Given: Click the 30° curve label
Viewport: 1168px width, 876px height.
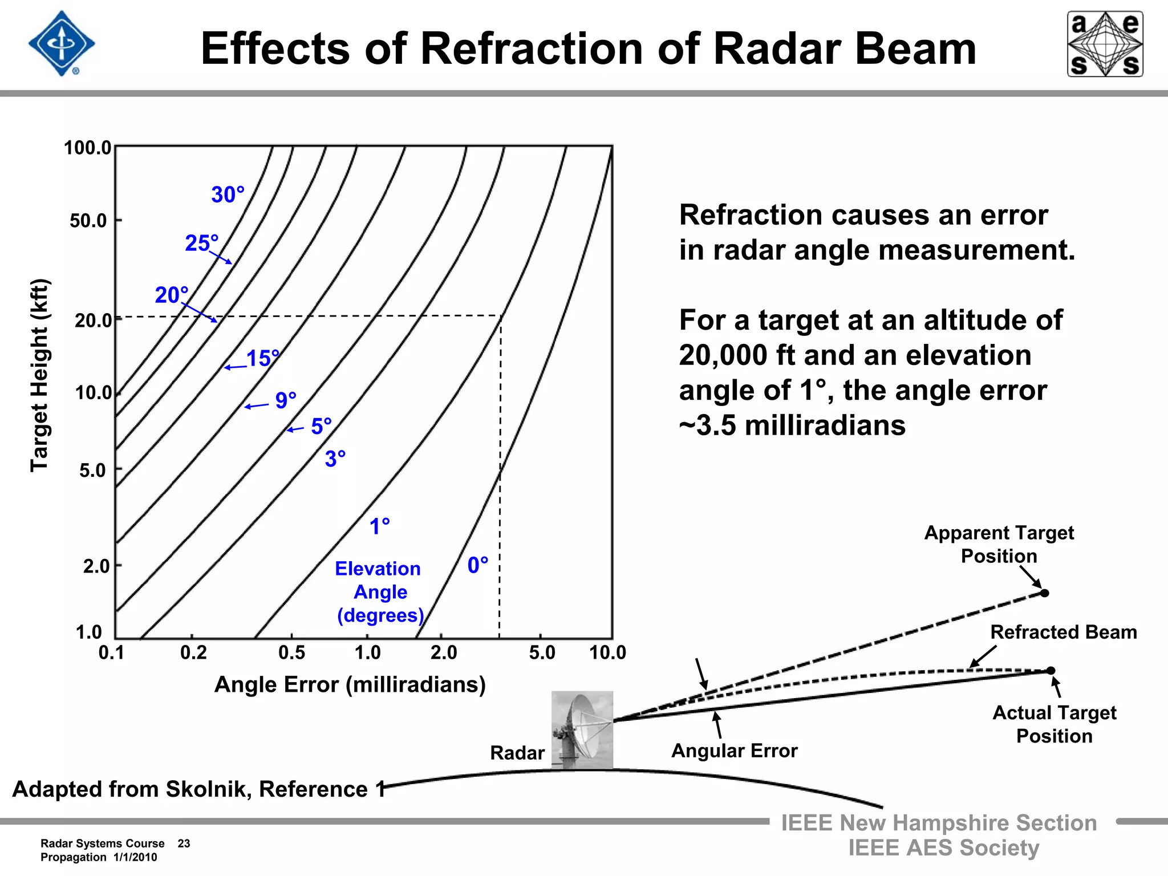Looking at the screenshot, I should pos(228,195).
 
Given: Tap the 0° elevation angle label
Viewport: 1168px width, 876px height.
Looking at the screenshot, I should pos(478,565).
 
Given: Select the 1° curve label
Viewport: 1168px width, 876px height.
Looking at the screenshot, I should pos(380,526).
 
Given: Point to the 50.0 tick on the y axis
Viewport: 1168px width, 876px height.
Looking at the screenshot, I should pos(88,221).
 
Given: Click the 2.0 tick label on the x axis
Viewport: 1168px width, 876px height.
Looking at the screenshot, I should pos(444,652).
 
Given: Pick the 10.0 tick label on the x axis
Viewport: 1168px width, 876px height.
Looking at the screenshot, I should pos(607,652).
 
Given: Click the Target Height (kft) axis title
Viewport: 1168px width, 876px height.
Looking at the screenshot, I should pos(40,375).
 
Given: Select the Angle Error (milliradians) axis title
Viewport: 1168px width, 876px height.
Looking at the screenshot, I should pos(350,684).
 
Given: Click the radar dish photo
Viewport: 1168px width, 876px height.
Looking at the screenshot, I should pos(582,730).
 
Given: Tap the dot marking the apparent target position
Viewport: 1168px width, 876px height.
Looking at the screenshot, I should pos(1045,593).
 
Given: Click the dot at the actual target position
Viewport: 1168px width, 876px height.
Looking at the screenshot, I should pos(1051,671).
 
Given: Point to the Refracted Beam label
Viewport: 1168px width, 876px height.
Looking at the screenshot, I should pos(1064,632).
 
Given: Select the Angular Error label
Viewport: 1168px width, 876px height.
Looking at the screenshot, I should pos(734,751).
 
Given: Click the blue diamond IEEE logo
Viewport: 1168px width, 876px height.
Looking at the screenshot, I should pos(62,43).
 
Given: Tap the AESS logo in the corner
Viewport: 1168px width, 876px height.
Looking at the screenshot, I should pos(1105,44).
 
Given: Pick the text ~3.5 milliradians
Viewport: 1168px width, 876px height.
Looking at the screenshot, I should pos(792,425).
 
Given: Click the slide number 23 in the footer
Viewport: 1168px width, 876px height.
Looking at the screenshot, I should pos(184,843).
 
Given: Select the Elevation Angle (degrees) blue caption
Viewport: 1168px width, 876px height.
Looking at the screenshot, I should pos(379,592).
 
